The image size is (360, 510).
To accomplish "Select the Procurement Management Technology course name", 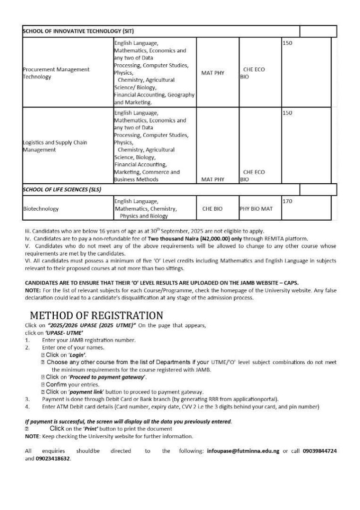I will click(x=56, y=73).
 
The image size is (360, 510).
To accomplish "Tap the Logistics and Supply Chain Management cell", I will click(x=55, y=145).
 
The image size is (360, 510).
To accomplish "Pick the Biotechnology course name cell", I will click(x=41, y=209).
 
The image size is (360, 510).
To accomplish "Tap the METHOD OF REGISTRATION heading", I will click(x=97, y=316).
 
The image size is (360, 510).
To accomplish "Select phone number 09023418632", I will click(x=53, y=458).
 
